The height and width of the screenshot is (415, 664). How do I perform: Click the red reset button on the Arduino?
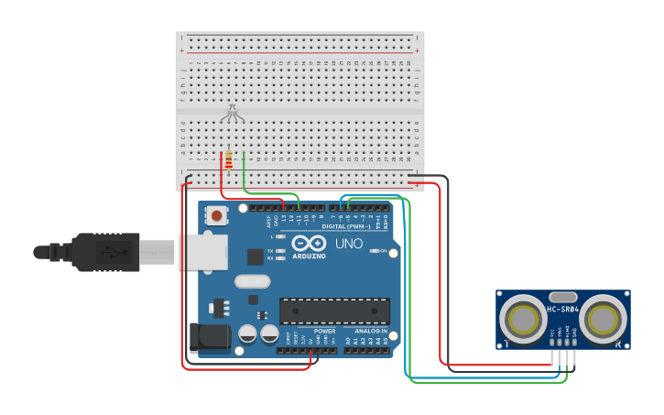217,216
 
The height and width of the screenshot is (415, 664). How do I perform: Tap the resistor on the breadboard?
228,161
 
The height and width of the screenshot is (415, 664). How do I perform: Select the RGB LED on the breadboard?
233,114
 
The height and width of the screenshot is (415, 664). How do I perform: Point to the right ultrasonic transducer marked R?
604,320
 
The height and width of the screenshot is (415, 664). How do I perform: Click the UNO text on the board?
349,245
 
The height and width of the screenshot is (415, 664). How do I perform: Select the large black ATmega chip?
334,311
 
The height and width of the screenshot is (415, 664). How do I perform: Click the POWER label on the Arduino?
324,331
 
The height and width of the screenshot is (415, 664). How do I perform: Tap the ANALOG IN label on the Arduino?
371,331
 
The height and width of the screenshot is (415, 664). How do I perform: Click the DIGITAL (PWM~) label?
346,226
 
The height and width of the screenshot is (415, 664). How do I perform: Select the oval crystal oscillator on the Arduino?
252,282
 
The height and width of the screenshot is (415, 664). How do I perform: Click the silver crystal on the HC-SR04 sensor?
563,297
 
